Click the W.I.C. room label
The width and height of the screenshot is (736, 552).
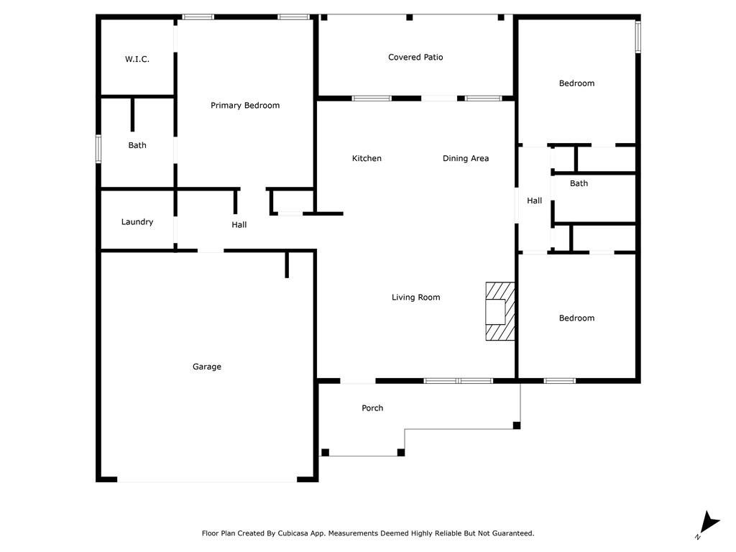coord(137,59)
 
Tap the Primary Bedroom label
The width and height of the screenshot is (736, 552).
coord(245,106)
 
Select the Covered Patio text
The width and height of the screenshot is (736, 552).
coord(415,57)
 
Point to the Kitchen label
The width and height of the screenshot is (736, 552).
coord(367,159)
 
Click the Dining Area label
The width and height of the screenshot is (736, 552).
coord(466,159)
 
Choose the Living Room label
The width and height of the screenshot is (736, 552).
coord(416,297)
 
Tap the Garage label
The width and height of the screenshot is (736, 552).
coord(206,367)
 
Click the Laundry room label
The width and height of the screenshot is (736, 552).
coord(137,222)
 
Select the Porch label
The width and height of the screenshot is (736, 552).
coord(372,408)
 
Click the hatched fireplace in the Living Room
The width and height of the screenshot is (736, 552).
coord(500,311)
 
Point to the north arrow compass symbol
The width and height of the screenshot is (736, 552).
coord(708,524)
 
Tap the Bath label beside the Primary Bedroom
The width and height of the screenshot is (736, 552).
coord(137,145)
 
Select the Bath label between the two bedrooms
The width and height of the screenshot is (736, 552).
coord(579,183)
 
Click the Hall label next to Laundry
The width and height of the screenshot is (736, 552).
coord(239,225)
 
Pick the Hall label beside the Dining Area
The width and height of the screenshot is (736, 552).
coord(534,201)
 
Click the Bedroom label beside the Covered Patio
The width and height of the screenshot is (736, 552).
coord(576,83)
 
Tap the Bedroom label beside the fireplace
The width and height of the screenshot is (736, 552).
coord(576,318)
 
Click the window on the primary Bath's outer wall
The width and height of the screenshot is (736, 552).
coord(98,149)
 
